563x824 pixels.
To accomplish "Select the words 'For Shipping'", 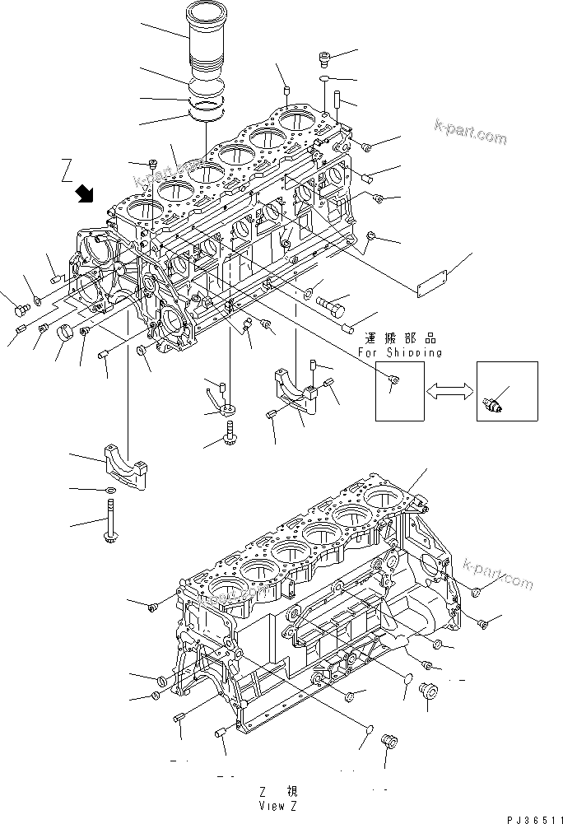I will (x=400, y=352).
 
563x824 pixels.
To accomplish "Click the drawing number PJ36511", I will (x=530, y=815).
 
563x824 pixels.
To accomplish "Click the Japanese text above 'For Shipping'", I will (x=400, y=338).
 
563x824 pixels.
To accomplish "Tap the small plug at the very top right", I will (x=323, y=57).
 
